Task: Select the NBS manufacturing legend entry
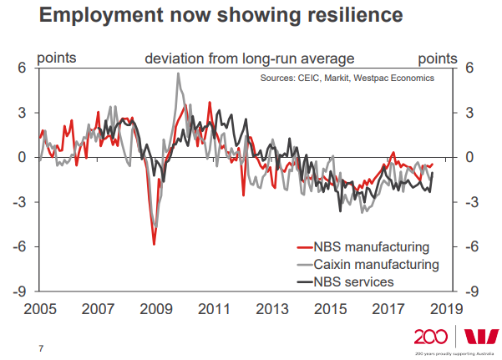pyautogui.click(x=372, y=247)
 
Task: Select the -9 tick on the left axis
pyautogui.click(x=21, y=292)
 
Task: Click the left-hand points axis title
pyautogui.click(x=56, y=58)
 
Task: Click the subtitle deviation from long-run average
pyautogui.click(x=250, y=58)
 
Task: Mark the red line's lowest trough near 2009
pyautogui.click(x=154, y=244)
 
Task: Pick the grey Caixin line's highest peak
pyautogui.click(x=178, y=74)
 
